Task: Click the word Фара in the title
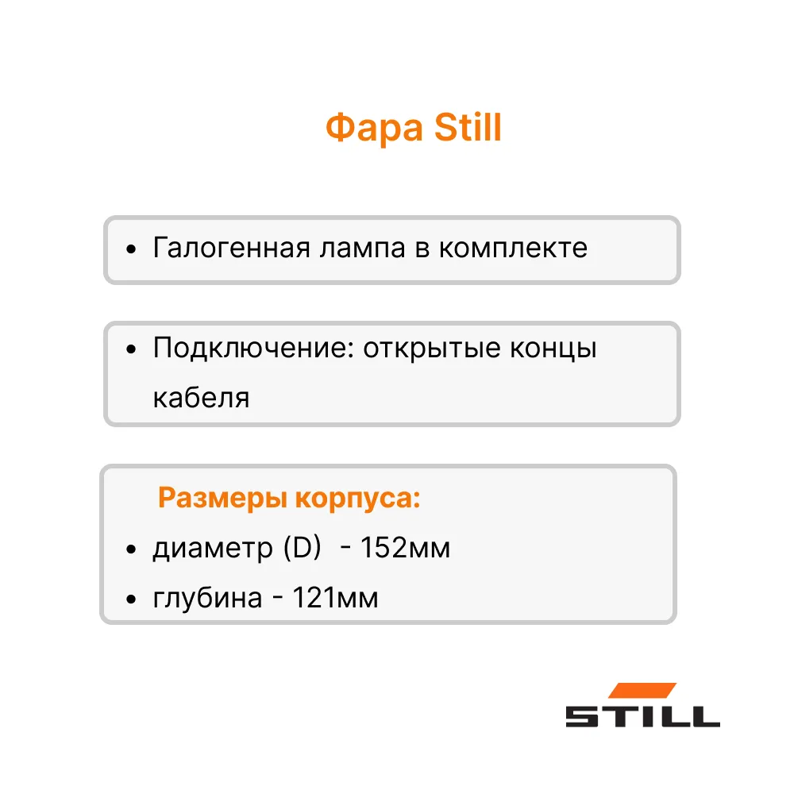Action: pos(374,129)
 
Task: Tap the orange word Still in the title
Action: pos(468,127)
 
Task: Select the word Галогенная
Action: pos(231,248)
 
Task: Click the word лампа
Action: pos(362,248)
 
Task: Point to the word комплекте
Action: pos(513,248)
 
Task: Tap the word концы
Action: pos(553,349)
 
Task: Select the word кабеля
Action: pos(201,398)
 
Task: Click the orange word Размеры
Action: pos(223,499)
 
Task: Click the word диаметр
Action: pos(213,549)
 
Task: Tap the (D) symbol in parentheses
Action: pos(303,547)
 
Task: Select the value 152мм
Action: pos(405,547)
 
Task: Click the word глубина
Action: pos(207,598)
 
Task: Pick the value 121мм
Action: pos(335,598)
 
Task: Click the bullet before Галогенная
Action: pos(131,249)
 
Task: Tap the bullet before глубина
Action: pos(131,599)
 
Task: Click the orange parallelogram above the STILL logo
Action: pos(642,691)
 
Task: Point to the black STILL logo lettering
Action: pos(642,716)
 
